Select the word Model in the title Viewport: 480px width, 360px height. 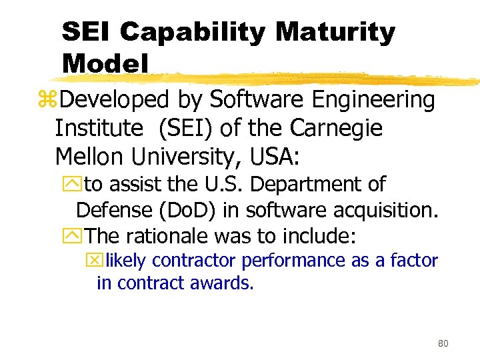pos(105,63)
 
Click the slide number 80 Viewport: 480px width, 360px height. pos(443,343)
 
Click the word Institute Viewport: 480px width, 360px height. pos(98,128)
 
